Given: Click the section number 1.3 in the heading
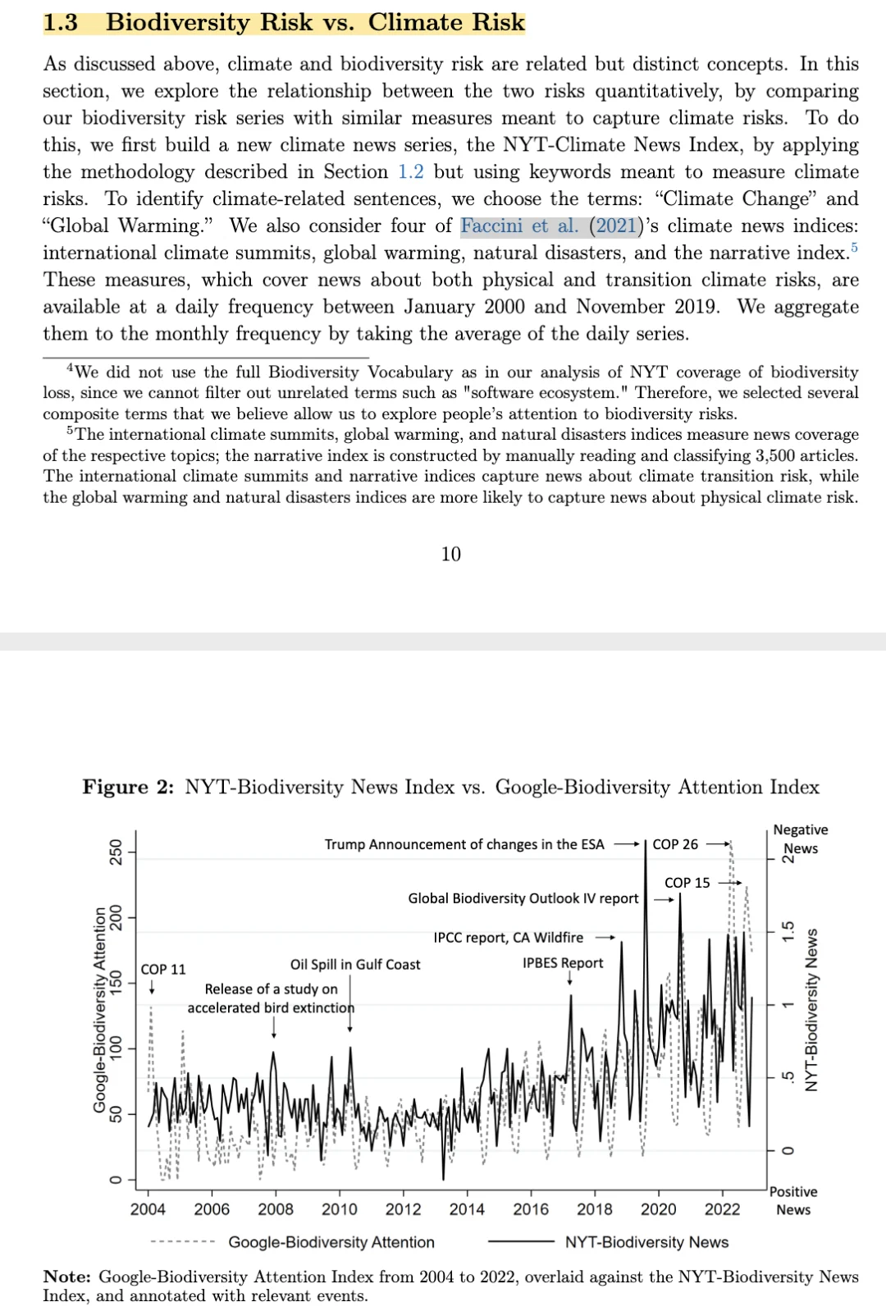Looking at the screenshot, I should (x=60, y=22).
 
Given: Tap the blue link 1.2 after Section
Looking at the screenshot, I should (x=411, y=171).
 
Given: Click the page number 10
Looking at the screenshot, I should (x=451, y=555).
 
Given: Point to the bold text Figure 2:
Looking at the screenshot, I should (x=128, y=787).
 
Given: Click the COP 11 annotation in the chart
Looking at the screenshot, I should (x=163, y=969).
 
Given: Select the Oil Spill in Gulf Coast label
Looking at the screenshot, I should (x=355, y=965).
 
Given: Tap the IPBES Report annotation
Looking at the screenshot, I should (x=563, y=963).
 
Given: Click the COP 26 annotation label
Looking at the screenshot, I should (x=675, y=844).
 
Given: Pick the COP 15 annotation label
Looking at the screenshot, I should (x=687, y=883).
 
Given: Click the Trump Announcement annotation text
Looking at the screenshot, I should (x=464, y=844).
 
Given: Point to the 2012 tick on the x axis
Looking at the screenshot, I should (x=403, y=1209).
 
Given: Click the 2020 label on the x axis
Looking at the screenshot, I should (x=658, y=1209).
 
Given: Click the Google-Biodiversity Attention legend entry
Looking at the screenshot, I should (x=331, y=1242).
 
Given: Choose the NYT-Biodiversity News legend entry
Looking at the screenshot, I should (x=646, y=1242).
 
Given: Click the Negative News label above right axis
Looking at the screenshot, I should (x=800, y=839).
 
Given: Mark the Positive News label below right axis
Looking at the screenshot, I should (x=794, y=1200).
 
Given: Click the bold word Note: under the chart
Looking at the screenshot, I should (x=67, y=1277).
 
